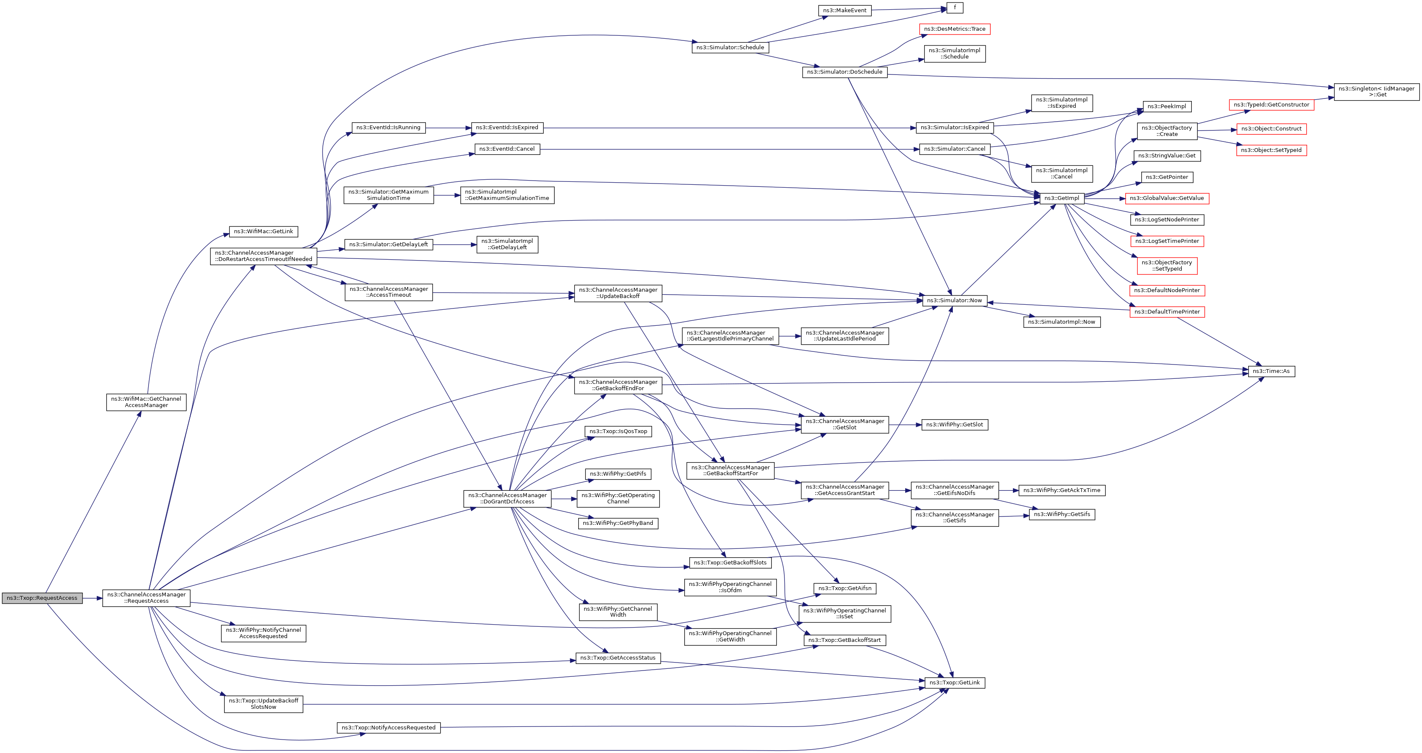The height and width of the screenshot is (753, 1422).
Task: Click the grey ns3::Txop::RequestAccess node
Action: [42, 598]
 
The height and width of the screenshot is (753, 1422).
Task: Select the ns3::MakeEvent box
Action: [844, 11]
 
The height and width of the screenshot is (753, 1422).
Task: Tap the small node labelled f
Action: [954, 8]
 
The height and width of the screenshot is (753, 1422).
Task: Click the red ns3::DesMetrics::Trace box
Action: [954, 29]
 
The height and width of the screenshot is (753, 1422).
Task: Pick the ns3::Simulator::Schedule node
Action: [730, 48]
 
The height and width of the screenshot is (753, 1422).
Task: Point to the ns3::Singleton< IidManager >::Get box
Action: [1376, 92]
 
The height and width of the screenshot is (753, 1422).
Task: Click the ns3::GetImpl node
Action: [1061, 198]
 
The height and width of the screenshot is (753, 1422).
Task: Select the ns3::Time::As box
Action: [1271, 371]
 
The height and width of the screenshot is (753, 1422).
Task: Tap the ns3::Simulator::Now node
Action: [954, 301]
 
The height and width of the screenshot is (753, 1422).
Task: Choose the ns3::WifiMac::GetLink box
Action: [263, 231]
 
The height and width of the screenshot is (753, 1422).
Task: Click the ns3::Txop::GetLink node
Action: [954, 683]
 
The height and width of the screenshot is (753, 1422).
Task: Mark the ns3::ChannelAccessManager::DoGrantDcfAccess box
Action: [507, 498]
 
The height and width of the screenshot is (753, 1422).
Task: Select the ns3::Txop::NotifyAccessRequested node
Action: [388, 728]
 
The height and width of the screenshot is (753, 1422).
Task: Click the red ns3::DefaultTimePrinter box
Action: [1167, 312]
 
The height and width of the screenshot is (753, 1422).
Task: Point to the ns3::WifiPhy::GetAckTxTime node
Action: [1061, 490]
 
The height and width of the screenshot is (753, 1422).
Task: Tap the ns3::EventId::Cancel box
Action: [507, 149]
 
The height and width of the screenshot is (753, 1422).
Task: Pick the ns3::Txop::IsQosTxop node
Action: [618, 431]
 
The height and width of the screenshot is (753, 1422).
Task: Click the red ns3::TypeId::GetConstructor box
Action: [1271, 105]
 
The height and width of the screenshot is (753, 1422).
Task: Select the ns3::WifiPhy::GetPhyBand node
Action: [618, 523]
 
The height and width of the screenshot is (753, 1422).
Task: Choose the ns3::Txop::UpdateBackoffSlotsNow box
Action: [263, 704]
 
